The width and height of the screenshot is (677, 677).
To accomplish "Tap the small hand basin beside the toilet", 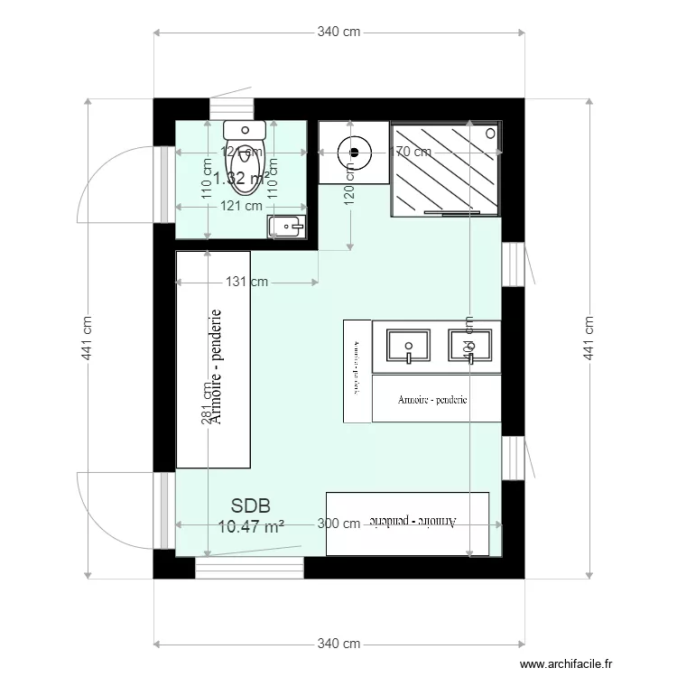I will (288, 225).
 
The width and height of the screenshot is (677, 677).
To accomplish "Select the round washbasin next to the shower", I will (353, 151).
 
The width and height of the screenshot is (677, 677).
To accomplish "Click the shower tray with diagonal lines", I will (444, 169).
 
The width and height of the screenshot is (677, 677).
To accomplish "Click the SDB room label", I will (251, 505).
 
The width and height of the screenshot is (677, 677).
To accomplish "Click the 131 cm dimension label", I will (246, 282).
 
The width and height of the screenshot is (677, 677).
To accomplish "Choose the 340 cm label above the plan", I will (338, 32).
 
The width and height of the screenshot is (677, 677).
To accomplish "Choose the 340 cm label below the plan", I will (338, 644).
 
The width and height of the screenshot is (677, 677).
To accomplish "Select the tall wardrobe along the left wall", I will (212, 359).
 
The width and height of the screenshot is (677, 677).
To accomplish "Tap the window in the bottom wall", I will (249, 568).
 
